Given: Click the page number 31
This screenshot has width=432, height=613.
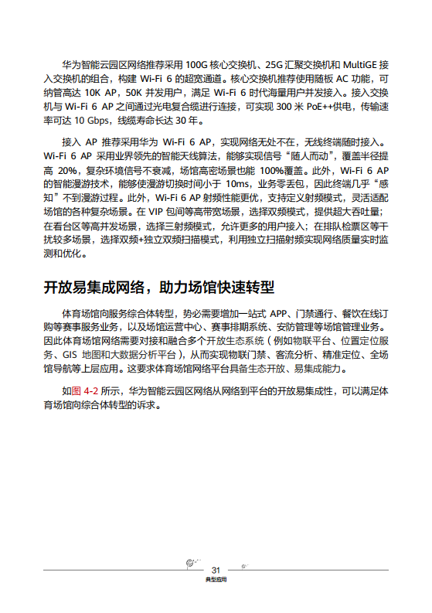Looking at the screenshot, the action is (x=216, y=569).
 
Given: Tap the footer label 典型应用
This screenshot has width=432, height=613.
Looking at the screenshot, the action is (x=216, y=579).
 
